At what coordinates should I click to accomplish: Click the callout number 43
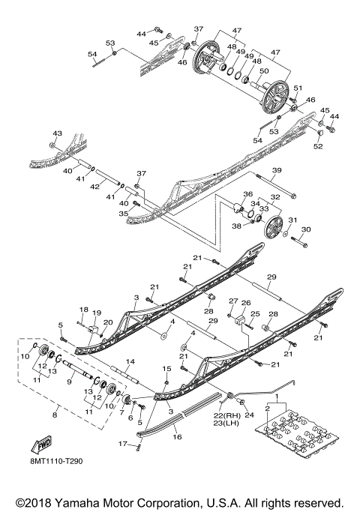pos(55,133)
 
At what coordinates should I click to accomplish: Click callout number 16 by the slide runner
pos(177,434)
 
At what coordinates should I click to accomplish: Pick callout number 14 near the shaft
pos(130,362)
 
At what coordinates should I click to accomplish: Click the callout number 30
pos(305,229)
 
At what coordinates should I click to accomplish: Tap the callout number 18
pos(83,309)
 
